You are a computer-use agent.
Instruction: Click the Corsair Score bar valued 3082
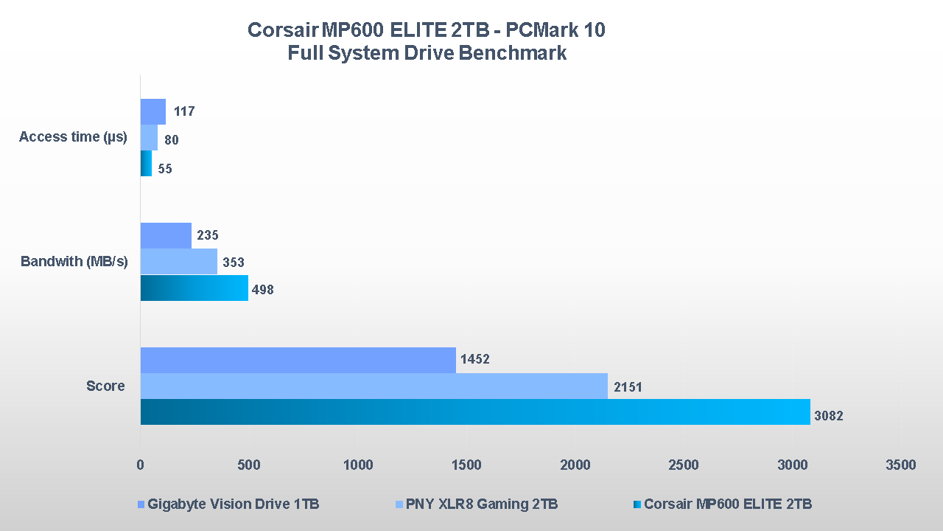(475, 412)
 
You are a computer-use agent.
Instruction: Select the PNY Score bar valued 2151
(374, 386)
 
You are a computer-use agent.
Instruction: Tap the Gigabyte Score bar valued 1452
(298, 360)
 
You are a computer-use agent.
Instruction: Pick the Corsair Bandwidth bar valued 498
(194, 288)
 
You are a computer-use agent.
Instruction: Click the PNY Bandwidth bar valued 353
(178, 262)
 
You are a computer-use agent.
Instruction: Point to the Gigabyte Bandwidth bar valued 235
(166, 235)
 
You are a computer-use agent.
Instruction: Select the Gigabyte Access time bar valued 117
(153, 111)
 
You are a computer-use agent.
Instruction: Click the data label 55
(165, 169)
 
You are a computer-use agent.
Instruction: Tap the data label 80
(172, 140)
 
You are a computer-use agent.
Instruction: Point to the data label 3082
(828, 416)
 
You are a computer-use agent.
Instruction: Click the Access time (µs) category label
(73, 137)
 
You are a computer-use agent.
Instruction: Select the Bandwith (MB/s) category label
(74, 262)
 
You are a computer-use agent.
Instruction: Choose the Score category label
(105, 386)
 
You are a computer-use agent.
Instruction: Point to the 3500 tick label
(900, 465)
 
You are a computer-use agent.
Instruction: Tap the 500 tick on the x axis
(249, 465)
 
